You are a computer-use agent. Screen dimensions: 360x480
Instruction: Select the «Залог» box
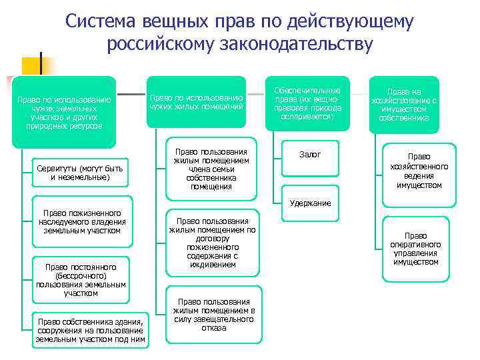[310, 155]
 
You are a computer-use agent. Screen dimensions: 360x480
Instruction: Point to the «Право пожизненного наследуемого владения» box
[82, 222]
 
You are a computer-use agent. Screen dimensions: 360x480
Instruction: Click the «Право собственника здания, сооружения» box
[91, 329]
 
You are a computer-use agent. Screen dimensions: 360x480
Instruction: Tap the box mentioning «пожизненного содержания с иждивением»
[211, 243]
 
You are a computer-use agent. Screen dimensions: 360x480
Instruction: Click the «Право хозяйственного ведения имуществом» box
[419, 171]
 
